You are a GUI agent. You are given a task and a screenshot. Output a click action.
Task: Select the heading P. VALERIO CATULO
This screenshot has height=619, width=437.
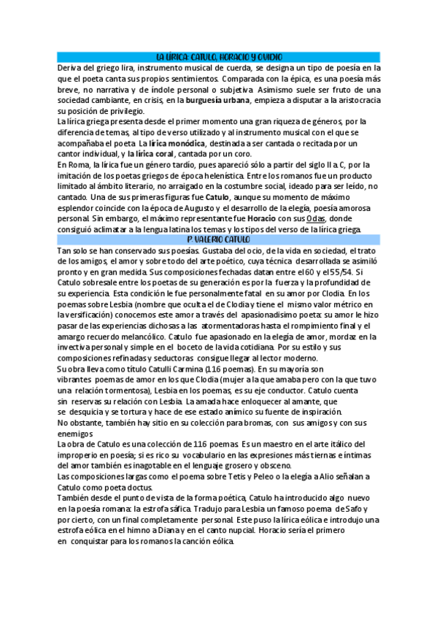pyautogui.click(x=218, y=239)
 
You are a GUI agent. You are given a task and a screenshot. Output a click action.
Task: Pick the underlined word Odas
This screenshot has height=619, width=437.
pyautogui.click(x=316, y=218)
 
